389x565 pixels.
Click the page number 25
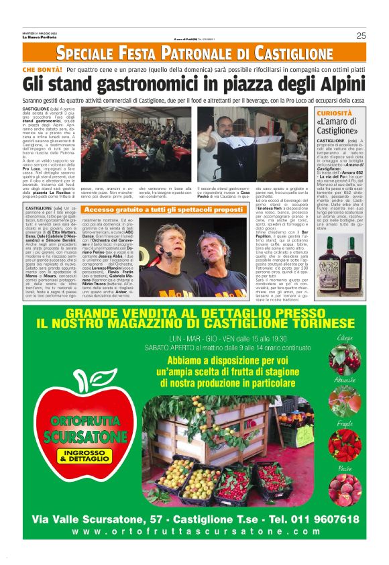point(360,36)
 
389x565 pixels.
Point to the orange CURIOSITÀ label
point(333,113)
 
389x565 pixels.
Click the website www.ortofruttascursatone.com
point(194,531)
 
